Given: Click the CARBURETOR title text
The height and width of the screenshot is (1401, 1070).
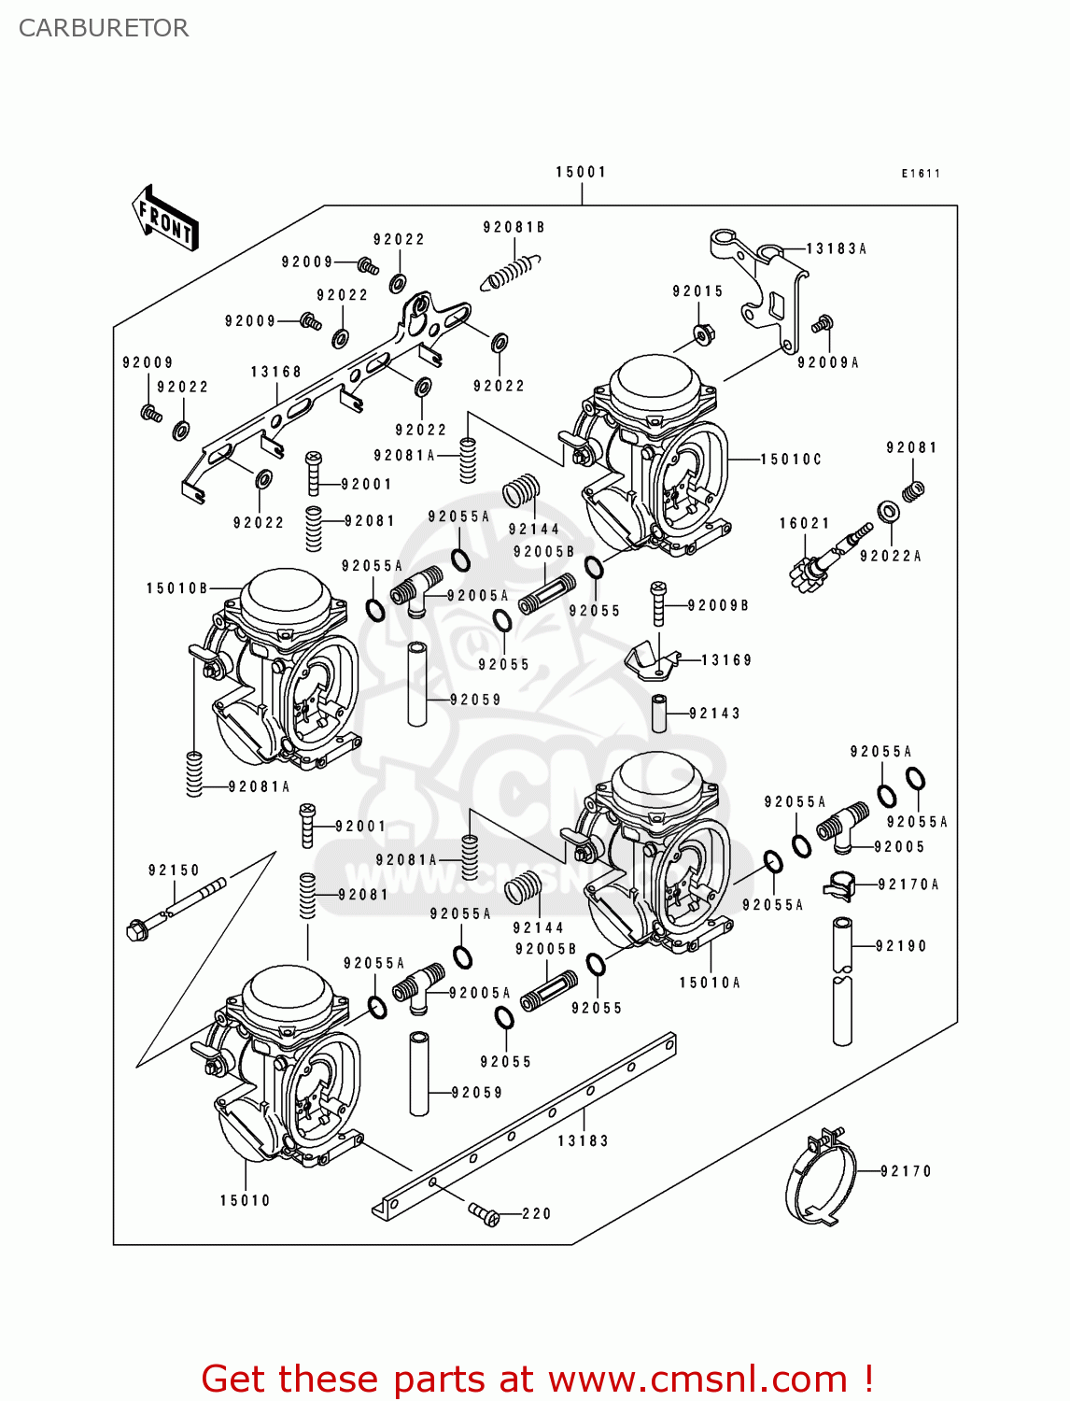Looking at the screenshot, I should click(104, 28).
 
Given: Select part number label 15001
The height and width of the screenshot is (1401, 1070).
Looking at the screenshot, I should click(581, 172).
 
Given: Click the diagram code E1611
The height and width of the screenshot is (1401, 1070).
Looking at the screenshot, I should click(921, 174).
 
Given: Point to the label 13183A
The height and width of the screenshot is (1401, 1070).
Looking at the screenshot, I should click(836, 248).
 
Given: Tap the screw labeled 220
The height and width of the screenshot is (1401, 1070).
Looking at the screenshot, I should click(484, 1213).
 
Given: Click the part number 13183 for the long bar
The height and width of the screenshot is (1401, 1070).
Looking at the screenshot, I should click(583, 1140).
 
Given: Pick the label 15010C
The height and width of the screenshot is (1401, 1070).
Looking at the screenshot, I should click(791, 460).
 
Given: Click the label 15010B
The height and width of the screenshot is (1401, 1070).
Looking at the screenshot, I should click(176, 588).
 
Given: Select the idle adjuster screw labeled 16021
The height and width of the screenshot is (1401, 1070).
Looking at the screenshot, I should click(827, 558).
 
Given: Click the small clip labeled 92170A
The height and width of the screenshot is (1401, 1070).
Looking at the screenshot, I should click(838, 885).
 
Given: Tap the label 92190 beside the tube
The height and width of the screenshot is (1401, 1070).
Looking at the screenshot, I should click(901, 946).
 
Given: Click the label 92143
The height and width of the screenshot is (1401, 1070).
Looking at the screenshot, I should click(714, 714).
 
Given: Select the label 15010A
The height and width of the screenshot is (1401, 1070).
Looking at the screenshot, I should click(709, 983).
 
